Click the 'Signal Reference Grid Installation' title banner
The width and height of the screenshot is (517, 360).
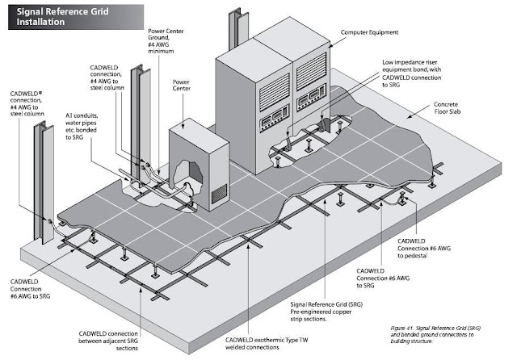pos(76,17)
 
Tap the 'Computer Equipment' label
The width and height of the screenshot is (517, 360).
pos(369,32)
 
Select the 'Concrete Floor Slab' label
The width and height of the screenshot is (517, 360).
pos(447,107)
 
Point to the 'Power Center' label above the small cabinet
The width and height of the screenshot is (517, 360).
pos(181,85)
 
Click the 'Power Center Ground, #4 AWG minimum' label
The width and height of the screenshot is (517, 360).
pos(166,41)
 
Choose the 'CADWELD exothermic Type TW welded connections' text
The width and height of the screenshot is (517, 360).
pos(267,343)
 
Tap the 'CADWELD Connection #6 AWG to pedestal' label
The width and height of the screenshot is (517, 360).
pos(423,249)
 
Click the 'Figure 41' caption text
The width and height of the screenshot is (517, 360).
pos(435,334)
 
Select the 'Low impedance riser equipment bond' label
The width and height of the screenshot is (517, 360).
pos(411,73)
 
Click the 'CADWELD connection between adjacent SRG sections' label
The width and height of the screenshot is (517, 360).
pos(108,341)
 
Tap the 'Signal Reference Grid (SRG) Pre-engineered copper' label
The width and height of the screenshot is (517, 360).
pos(326,312)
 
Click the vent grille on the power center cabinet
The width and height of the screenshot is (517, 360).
pos(219,194)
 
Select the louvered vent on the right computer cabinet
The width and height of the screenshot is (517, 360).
pos(311,71)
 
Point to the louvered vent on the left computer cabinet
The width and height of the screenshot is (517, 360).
pos(275,92)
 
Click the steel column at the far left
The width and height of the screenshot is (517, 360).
pos(44,182)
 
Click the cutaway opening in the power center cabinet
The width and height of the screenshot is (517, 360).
pos(187,175)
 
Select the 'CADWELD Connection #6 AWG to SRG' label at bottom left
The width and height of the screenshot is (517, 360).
pos(30,289)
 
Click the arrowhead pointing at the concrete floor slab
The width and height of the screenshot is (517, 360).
pos(410,116)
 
